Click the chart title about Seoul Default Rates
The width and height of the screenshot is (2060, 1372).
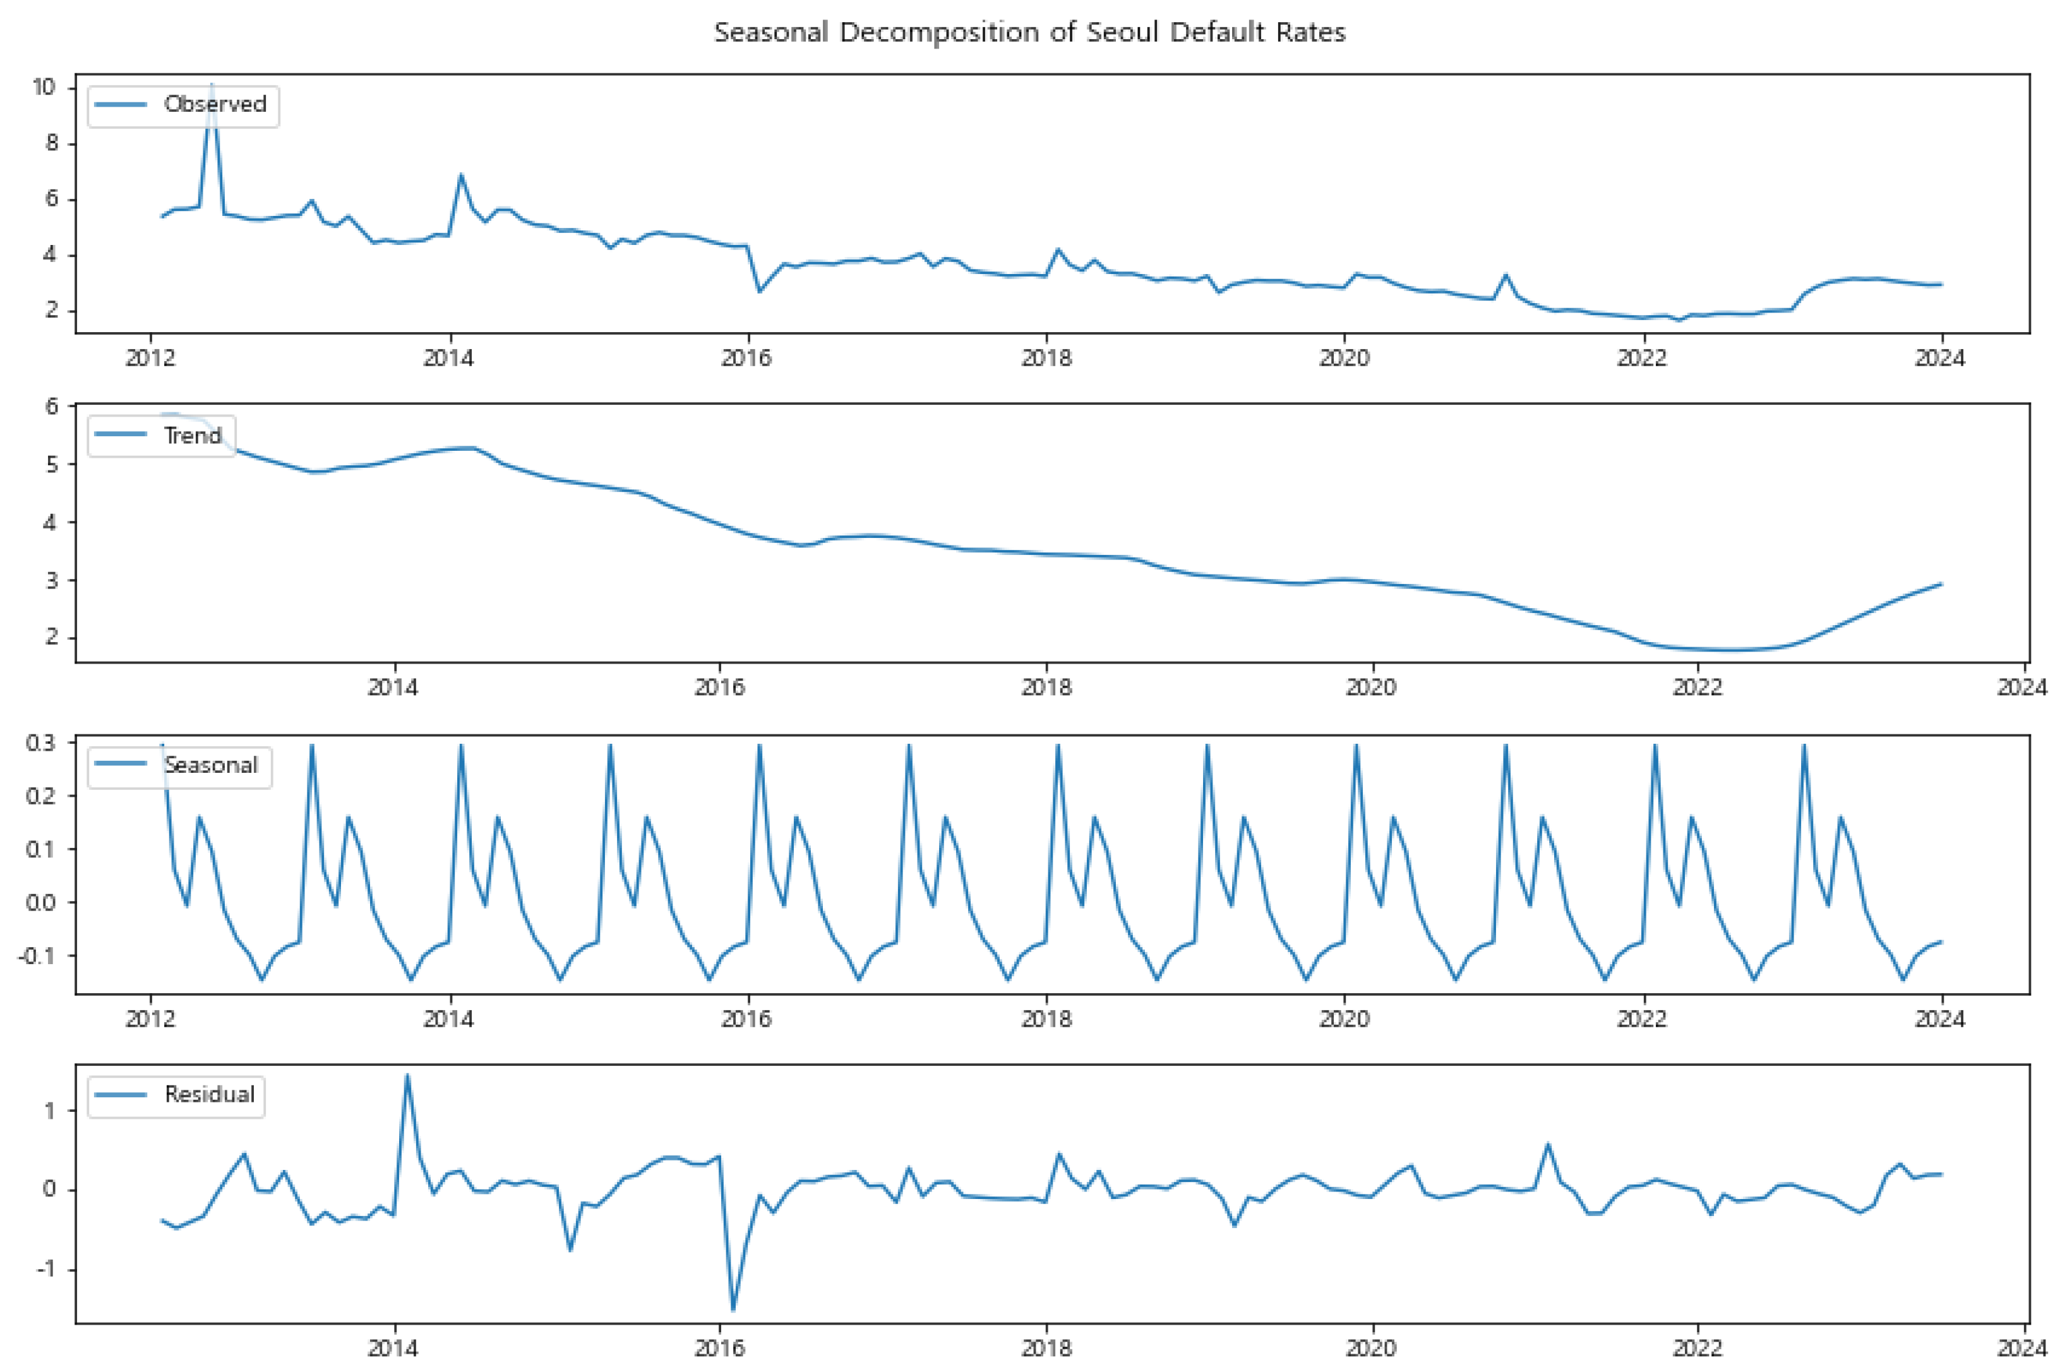pyautogui.click(x=1029, y=32)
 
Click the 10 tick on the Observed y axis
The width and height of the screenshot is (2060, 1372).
pyautogui.click(x=44, y=86)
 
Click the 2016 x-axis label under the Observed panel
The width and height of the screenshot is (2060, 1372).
pyautogui.click(x=746, y=358)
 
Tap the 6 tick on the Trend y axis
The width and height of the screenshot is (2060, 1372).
pyautogui.click(x=52, y=406)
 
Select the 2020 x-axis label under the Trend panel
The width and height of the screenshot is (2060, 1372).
pyautogui.click(x=1370, y=688)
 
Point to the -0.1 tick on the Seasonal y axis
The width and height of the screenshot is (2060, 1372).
pyautogui.click(x=37, y=955)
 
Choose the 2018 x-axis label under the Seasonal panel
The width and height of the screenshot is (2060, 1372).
pyautogui.click(x=1046, y=1018)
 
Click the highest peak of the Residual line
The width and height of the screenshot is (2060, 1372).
pyautogui.click(x=407, y=1075)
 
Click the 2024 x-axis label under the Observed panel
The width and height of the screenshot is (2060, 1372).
pyautogui.click(x=1939, y=358)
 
